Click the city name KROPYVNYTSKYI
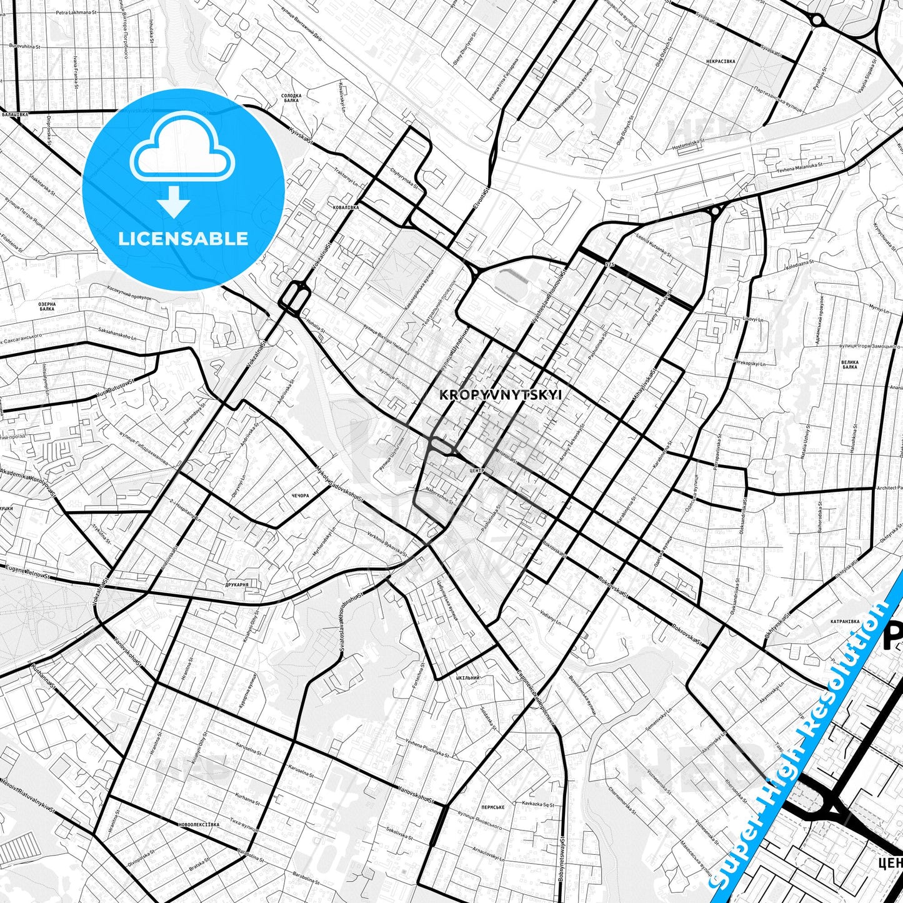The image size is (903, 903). click(x=501, y=395)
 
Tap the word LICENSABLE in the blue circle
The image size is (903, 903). click(x=183, y=239)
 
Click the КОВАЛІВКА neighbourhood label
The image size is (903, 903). click(x=346, y=207)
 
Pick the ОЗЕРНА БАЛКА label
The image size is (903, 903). click(x=47, y=306)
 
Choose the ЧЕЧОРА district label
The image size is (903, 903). click(x=300, y=496)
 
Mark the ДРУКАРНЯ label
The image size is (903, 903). click(x=237, y=585)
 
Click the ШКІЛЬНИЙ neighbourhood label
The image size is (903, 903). click(x=467, y=677)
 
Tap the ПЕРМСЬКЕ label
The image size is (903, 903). click(x=493, y=807)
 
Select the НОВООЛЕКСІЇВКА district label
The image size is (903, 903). click(x=199, y=824)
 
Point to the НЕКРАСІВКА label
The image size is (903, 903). click(x=721, y=61)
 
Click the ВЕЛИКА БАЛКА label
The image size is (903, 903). click(x=849, y=364)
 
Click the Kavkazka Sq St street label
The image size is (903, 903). click(x=537, y=804)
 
